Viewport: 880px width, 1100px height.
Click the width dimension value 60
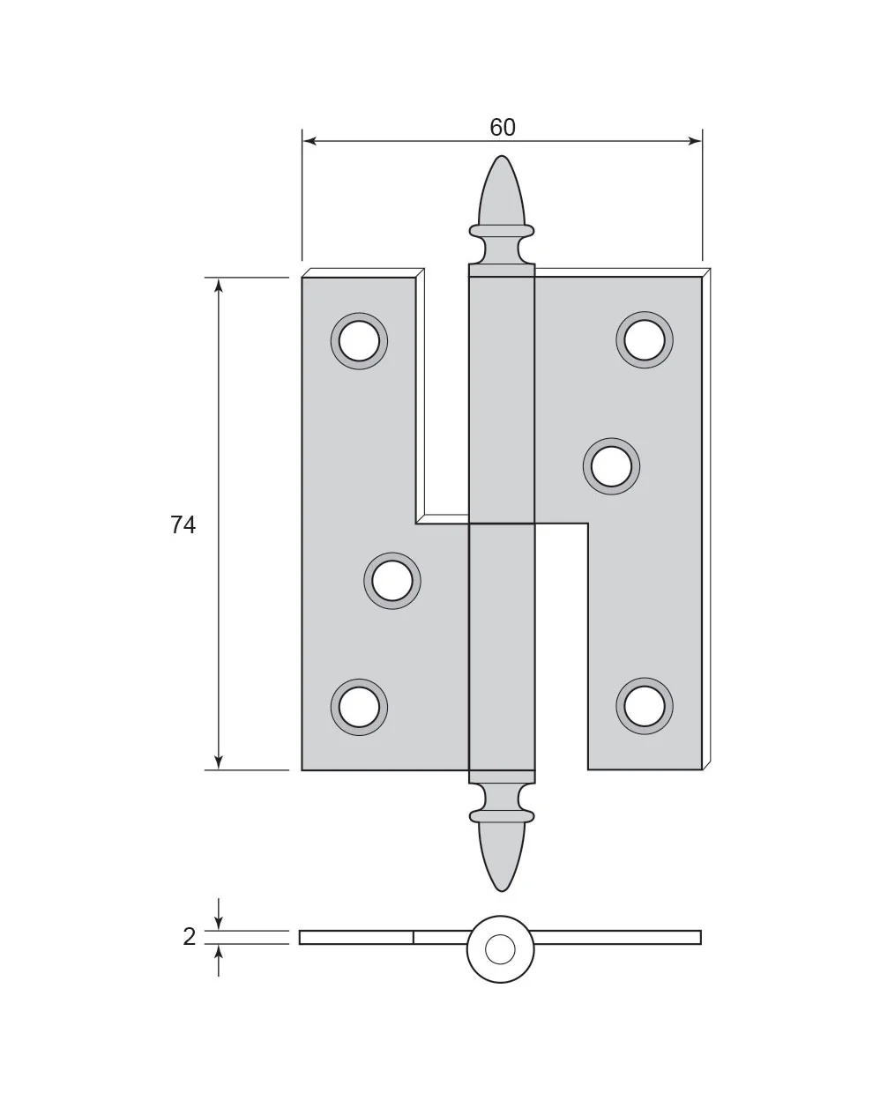point(502,127)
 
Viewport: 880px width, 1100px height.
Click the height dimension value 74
point(183,525)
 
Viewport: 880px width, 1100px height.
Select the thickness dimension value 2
point(190,937)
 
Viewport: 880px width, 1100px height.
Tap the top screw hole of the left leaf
point(359,341)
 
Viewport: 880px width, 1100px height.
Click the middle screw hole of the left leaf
point(392,580)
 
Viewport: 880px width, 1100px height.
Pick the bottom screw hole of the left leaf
point(359,708)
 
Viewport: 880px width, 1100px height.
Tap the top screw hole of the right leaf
point(645,340)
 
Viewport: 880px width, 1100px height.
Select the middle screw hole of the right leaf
point(611,466)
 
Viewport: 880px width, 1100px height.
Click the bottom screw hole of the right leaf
point(645,706)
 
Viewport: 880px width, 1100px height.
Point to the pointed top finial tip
point(502,156)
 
